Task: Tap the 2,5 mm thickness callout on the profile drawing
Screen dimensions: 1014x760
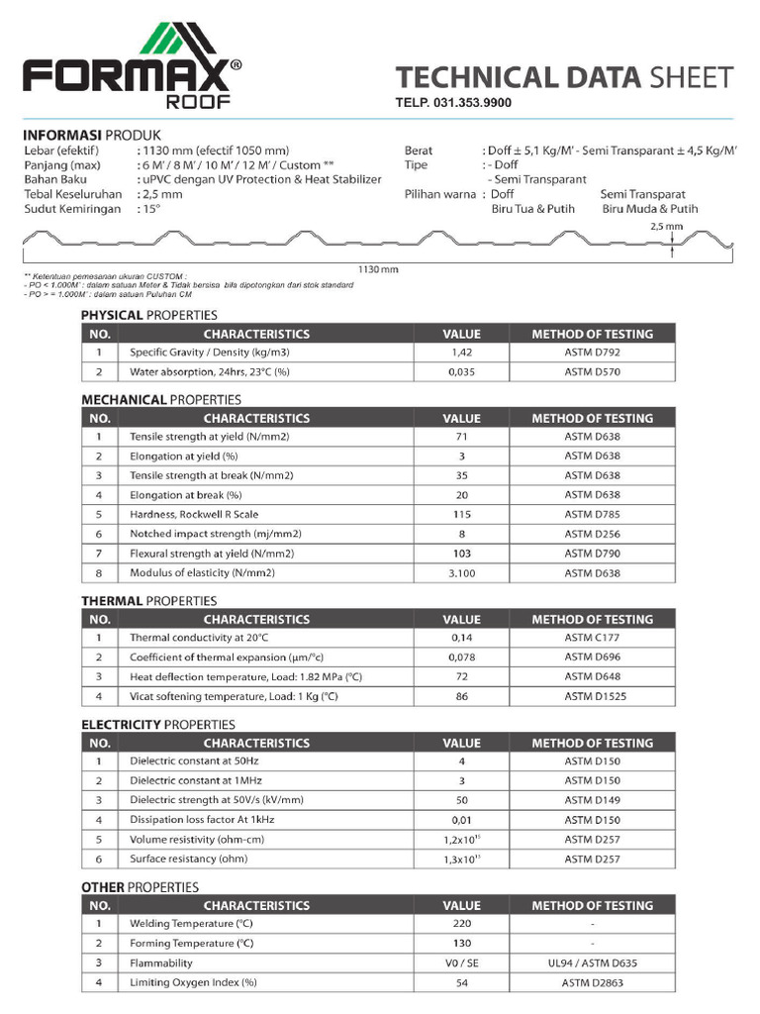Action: click(674, 226)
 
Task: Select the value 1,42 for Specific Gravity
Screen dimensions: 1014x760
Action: click(461, 353)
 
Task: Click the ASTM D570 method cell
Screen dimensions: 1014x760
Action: click(593, 372)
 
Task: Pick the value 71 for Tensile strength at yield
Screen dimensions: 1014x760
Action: click(461, 437)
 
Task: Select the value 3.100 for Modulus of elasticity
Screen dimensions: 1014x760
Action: click(461, 572)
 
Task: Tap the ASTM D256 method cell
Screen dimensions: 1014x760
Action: click(593, 534)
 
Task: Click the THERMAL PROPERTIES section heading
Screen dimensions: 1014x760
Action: click(148, 600)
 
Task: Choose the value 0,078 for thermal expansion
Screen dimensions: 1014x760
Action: click(461, 658)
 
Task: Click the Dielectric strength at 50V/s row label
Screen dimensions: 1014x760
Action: click(216, 800)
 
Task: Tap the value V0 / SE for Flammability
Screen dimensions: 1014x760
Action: click(461, 963)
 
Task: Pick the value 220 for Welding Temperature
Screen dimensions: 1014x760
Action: click(461, 924)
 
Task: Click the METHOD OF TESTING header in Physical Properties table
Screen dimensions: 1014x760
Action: click(592, 334)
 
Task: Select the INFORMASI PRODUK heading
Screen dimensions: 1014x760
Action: click(91, 135)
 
